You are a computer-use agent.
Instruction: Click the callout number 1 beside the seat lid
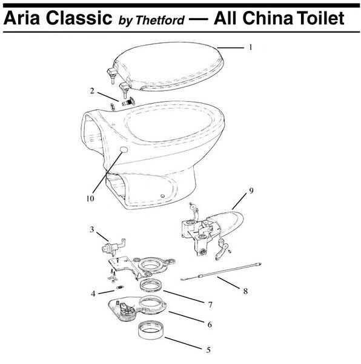click(x=251, y=47)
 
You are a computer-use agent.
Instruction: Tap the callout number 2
click(x=92, y=91)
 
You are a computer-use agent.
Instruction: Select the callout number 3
click(x=92, y=229)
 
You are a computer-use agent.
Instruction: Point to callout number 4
click(x=93, y=294)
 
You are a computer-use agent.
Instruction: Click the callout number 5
click(x=208, y=349)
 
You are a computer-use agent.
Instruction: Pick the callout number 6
click(x=210, y=325)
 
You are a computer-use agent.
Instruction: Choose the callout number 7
click(x=210, y=305)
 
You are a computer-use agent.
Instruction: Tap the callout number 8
click(x=245, y=291)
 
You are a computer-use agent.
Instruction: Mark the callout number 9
click(x=251, y=190)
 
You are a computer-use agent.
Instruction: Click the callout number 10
click(x=90, y=198)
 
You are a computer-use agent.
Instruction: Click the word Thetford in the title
click(x=160, y=20)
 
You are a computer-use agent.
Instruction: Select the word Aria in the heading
click(x=22, y=18)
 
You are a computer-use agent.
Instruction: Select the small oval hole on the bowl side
click(x=124, y=150)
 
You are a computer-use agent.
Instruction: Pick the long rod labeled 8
click(x=221, y=272)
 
